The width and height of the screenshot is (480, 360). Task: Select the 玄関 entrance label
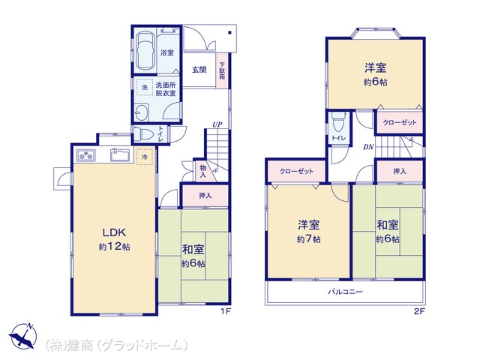199,70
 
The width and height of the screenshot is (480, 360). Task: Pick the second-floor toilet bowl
338,123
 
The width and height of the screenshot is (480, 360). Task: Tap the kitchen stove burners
85,157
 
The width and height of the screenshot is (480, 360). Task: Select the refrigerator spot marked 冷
145,158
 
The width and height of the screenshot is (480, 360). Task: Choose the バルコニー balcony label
344,291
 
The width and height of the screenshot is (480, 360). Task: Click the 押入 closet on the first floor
205,196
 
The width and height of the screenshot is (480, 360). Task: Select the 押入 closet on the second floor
399,172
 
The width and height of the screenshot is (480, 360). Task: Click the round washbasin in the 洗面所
145,112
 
